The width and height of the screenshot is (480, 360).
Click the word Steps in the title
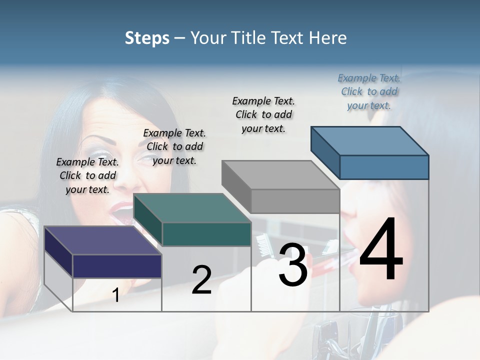pyautogui.click(x=147, y=38)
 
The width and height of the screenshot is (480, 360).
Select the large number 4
pyautogui.click(x=381, y=250)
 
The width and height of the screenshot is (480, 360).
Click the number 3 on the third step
pyautogui.click(x=293, y=264)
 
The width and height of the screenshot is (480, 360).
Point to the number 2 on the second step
pyautogui.click(x=201, y=280)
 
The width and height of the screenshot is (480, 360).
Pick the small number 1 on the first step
pyautogui.click(x=116, y=295)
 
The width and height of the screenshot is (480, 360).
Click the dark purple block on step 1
pyautogui.click(x=117, y=265)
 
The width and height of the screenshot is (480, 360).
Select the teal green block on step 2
pyautogui.click(x=206, y=234)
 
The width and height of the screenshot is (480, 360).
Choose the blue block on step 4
pyautogui.click(x=383, y=166)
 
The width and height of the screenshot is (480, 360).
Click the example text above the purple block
pyautogui.click(x=87, y=175)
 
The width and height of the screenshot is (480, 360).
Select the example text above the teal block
pyautogui.click(x=174, y=146)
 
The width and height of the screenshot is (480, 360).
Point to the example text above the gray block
pyautogui.click(x=263, y=114)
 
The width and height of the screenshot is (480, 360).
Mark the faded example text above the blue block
pyautogui.click(x=369, y=91)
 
